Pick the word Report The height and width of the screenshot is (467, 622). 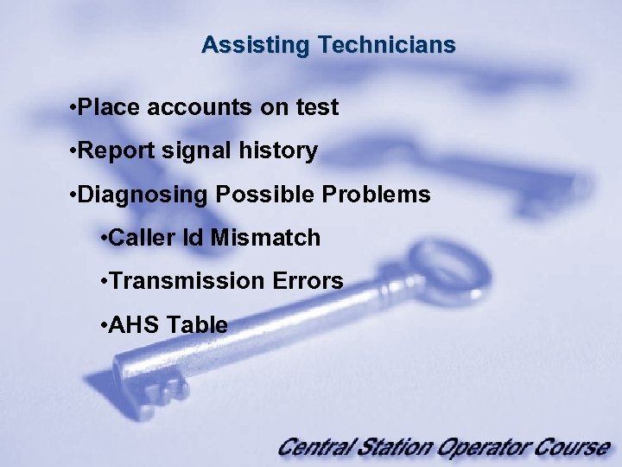(x=117, y=151)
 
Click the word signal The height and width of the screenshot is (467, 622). (x=199, y=151)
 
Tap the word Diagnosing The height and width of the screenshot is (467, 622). (x=143, y=195)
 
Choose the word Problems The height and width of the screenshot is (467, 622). (x=375, y=195)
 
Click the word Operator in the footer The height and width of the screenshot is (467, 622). (x=479, y=448)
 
